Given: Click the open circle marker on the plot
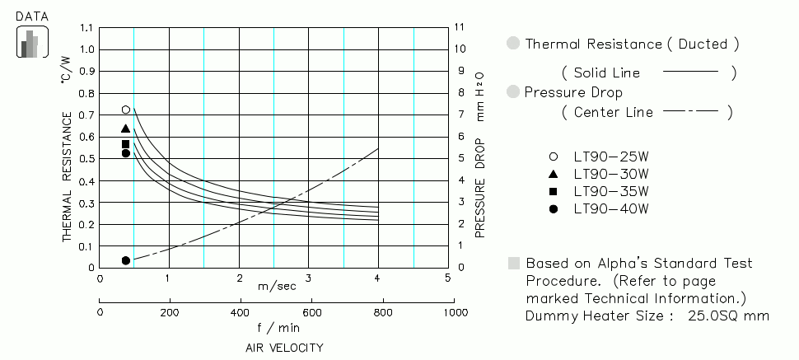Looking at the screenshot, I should [x=126, y=110].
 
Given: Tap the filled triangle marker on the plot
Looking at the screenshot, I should [x=126, y=129].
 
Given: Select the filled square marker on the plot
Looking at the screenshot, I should [x=126, y=144].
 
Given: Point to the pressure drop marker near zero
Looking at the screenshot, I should [x=126, y=260].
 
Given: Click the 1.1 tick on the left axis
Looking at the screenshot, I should [x=86, y=27].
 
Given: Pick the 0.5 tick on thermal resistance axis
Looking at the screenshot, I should [x=86, y=159].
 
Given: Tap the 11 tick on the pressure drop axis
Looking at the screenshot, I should [x=460, y=27].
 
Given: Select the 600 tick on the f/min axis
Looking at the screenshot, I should [x=311, y=313].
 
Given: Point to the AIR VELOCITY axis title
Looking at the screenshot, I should [x=284, y=348].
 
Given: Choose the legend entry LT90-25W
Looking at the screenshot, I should [x=611, y=157].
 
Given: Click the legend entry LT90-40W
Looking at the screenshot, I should [x=611, y=208].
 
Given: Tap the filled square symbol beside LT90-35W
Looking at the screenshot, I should [x=554, y=191].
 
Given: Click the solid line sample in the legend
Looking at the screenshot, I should [x=690, y=73].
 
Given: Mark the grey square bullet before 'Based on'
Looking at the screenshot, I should [x=514, y=264].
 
